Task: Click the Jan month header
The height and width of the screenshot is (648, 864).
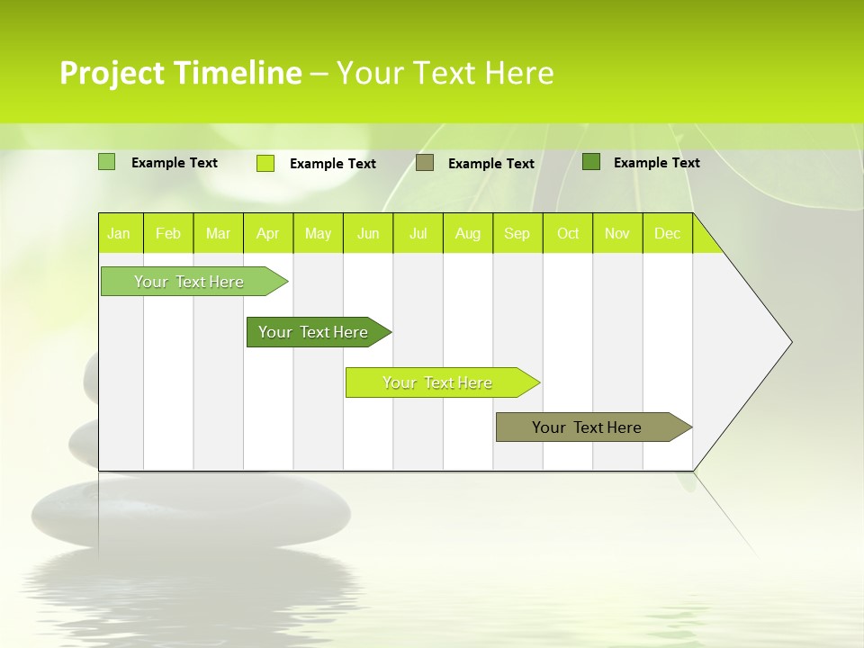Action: tap(119, 234)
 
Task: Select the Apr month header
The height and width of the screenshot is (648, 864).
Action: tap(267, 234)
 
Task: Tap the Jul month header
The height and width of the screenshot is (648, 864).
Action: tap(418, 234)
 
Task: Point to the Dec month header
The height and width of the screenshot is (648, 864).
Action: tap(667, 234)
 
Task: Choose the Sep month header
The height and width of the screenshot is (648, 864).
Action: tap(517, 234)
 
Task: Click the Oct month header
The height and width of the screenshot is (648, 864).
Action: tap(568, 234)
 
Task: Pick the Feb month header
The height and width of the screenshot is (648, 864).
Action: tap(168, 234)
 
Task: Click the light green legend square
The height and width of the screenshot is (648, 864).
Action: tap(106, 162)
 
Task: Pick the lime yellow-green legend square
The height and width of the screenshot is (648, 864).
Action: tap(265, 163)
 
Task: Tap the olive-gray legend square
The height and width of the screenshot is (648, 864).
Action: tap(425, 163)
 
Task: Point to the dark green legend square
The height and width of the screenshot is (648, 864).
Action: tap(591, 162)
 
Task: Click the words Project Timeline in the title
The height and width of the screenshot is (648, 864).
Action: tap(181, 73)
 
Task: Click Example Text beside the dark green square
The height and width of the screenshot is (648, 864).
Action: tap(656, 163)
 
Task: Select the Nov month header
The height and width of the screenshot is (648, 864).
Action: tap(617, 234)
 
